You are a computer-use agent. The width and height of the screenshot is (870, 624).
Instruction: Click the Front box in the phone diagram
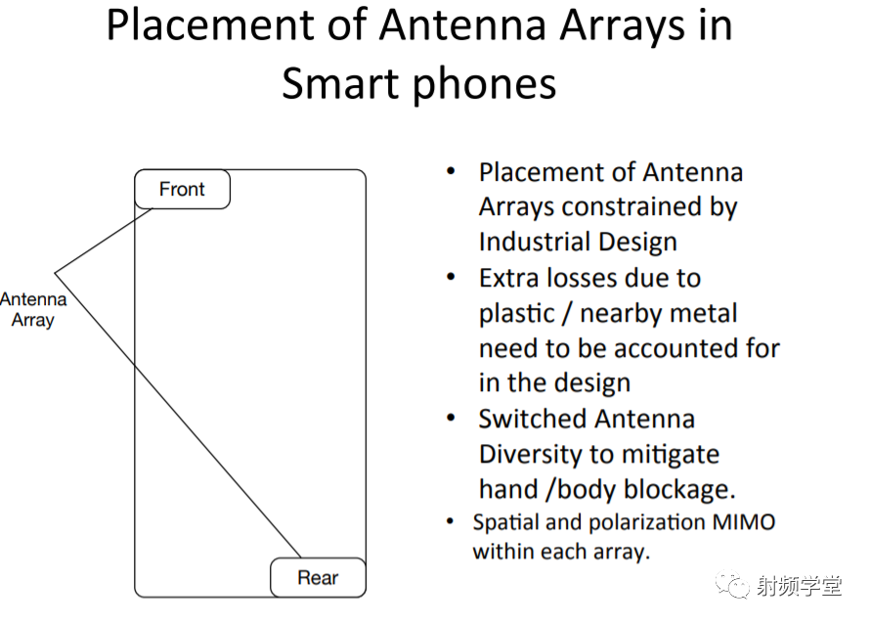[182, 190]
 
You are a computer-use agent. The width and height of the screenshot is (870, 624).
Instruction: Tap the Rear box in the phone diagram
[318, 578]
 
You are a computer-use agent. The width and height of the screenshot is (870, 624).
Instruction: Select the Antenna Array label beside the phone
[33, 309]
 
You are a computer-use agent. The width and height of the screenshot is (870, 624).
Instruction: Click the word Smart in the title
[339, 83]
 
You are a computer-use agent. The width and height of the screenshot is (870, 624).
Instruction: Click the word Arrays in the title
[622, 26]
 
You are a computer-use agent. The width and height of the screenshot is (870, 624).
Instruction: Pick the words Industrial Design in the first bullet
[578, 242]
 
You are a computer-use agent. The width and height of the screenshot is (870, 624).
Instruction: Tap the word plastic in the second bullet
[516, 314]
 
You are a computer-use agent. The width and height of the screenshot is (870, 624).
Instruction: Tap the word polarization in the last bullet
[646, 523]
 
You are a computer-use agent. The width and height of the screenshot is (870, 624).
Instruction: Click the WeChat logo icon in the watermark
[732, 584]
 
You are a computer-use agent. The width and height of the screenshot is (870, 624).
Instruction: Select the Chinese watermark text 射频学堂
[799, 586]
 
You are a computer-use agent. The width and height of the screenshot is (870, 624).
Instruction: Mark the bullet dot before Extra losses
[451, 276]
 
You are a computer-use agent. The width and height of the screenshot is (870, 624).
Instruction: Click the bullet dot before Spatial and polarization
[451, 521]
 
